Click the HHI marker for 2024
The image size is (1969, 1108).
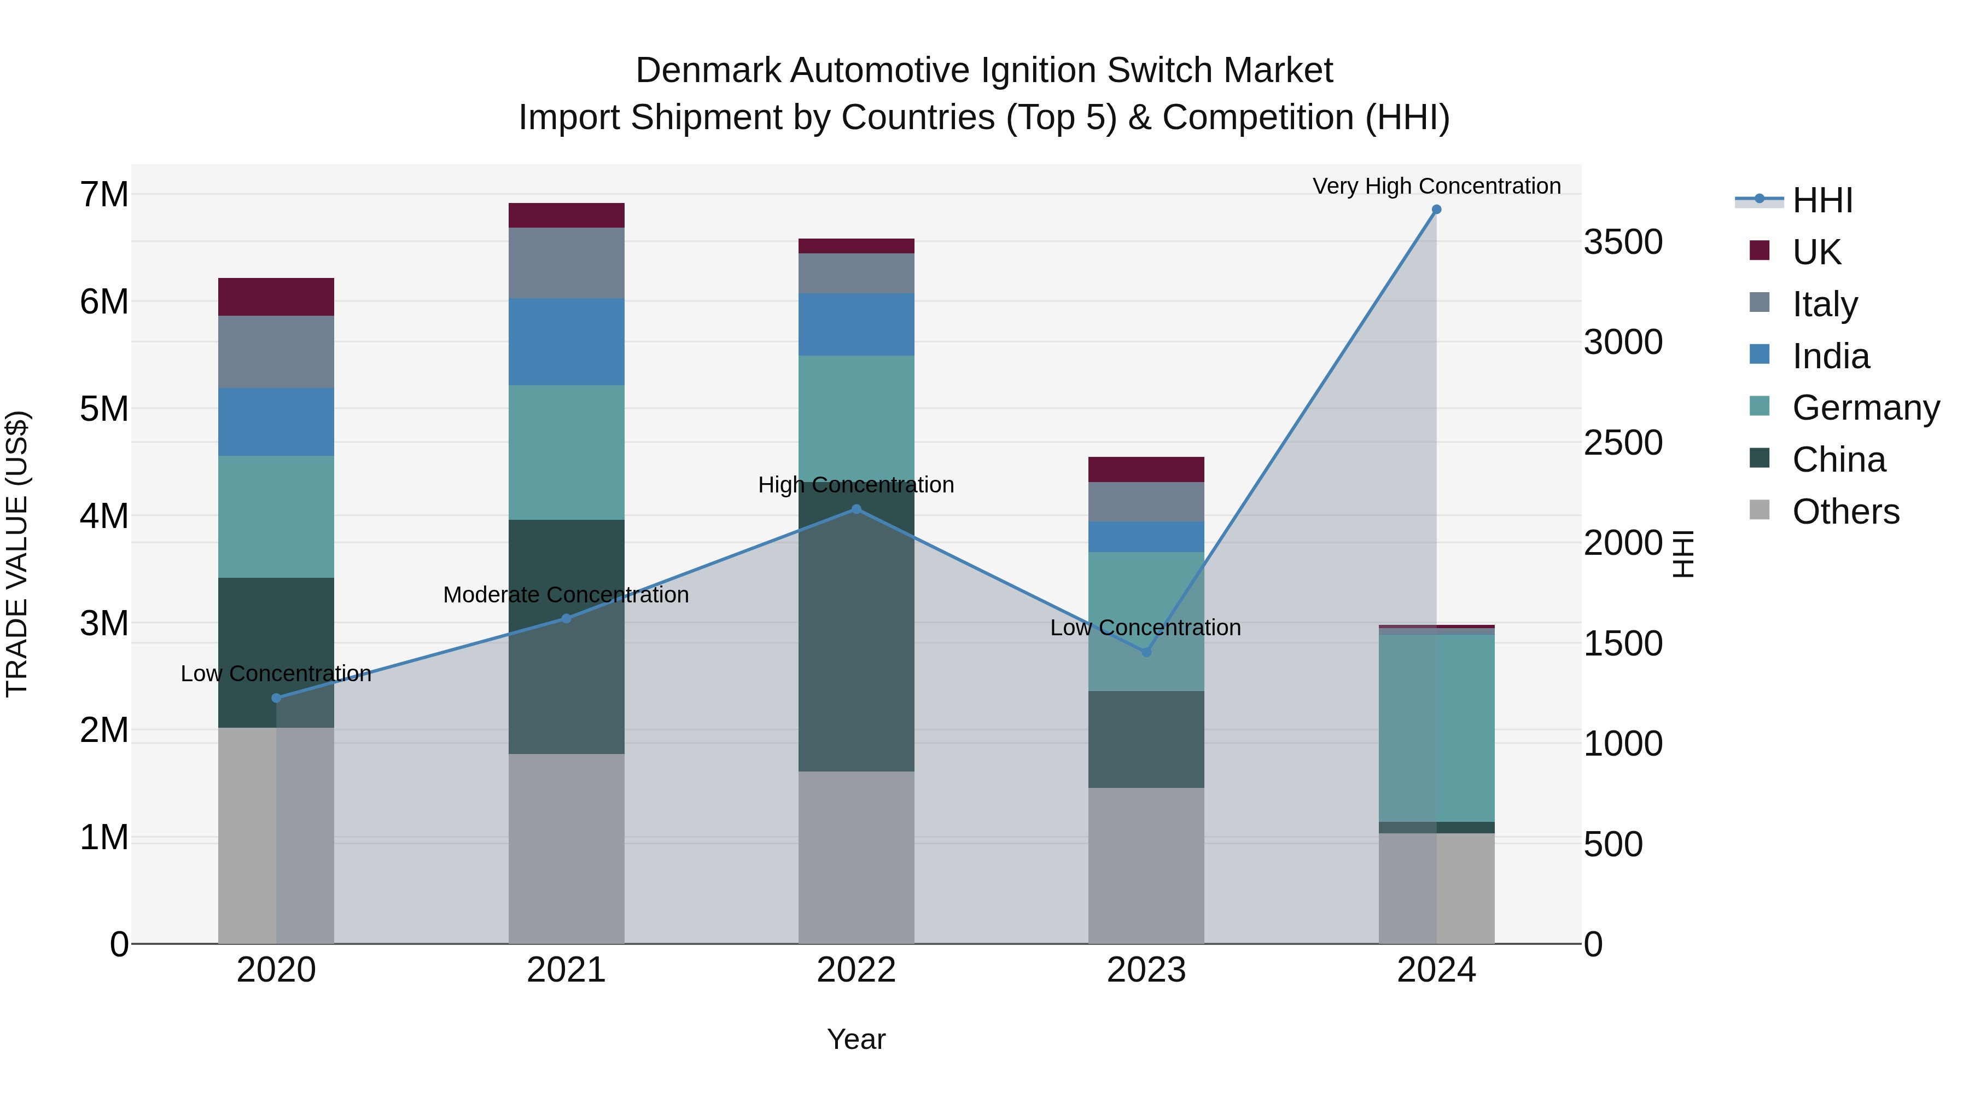(1436, 210)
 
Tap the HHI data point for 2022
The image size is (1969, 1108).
(856, 509)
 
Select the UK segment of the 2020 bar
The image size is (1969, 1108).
(276, 297)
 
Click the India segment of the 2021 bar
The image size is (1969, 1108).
(567, 342)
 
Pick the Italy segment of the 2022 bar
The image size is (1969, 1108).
(856, 273)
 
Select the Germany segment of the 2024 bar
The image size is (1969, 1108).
(1436, 727)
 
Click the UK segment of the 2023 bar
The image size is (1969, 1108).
(1146, 469)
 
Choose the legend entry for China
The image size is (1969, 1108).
(1838, 460)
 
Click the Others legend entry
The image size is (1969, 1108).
(1845, 512)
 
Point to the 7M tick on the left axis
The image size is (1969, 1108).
(104, 194)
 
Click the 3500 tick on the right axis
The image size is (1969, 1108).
(1623, 242)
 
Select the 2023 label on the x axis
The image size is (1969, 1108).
(1146, 970)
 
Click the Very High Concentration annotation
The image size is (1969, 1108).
(1436, 186)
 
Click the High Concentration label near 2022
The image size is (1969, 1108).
(856, 485)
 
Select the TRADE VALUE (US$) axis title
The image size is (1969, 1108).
(17, 554)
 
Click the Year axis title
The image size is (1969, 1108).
(856, 1039)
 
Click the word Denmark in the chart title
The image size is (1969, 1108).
(708, 71)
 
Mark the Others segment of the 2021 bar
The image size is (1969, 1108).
(567, 848)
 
